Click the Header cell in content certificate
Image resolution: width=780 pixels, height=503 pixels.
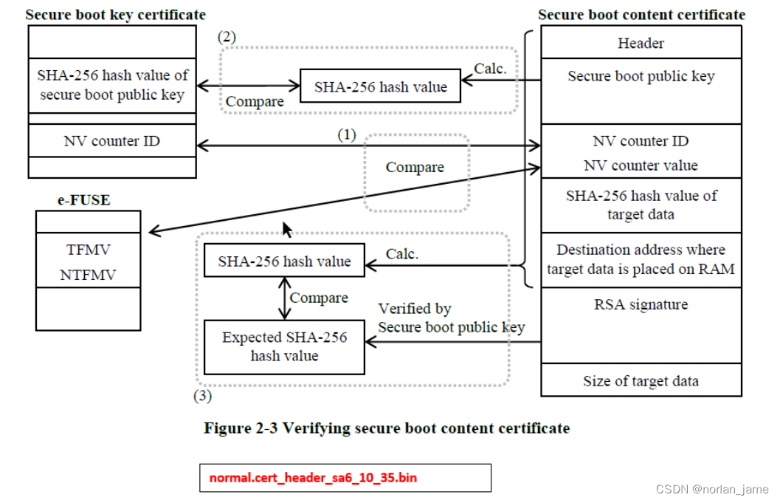coord(641,43)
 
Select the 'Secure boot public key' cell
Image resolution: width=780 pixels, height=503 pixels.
coord(641,76)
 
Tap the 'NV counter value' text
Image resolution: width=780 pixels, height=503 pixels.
coord(641,165)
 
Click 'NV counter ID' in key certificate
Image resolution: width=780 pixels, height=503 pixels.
coord(111,140)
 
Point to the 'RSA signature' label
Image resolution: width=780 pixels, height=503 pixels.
coord(641,304)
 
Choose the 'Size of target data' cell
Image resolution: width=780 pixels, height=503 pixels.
coord(641,381)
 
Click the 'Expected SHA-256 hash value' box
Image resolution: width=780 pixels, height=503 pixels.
coord(284,346)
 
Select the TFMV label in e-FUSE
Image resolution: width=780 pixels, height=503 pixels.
coord(88,250)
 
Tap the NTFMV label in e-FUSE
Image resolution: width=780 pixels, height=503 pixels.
coord(88,275)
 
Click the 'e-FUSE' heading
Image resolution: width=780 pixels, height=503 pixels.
coord(84,199)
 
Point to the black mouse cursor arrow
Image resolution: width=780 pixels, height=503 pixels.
coord(286,230)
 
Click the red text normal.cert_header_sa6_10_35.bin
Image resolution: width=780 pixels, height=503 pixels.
coord(313,478)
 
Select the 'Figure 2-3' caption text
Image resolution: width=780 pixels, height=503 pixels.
coord(387,428)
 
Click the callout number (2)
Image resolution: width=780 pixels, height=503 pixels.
coord(227,37)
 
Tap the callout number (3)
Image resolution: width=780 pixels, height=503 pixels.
coord(202,396)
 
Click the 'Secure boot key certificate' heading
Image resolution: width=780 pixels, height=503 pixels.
coord(116,15)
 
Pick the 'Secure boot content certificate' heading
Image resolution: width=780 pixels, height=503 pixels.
coord(641,15)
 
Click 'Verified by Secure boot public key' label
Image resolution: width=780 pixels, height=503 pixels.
coord(451,318)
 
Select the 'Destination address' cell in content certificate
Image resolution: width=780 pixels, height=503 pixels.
coord(641,259)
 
